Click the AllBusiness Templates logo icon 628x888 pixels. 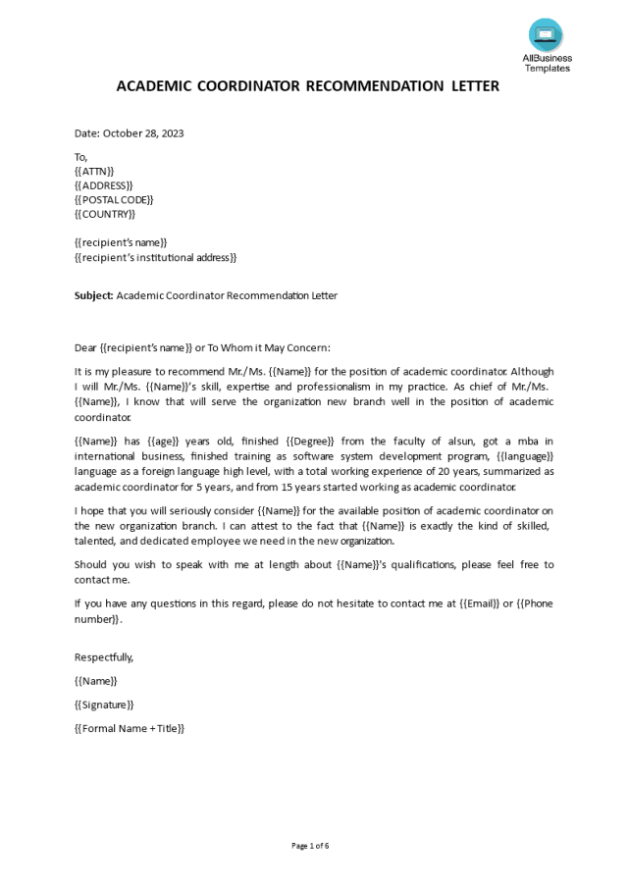[546, 35]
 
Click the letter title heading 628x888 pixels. [308, 86]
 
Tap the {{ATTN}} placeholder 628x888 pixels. [94, 172]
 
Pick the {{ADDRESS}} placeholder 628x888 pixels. [104, 185]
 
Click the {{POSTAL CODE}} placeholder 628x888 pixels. [114, 200]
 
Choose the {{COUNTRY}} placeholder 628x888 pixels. [105, 214]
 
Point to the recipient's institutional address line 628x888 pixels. [156, 257]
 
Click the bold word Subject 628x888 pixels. [93, 295]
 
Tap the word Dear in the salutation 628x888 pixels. [86, 347]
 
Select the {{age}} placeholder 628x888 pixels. [162, 442]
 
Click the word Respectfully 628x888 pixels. [104, 657]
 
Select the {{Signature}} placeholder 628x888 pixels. [104, 705]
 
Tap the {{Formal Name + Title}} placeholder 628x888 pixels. [130, 728]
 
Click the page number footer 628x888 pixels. [310, 846]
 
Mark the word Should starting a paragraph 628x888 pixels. [91, 564]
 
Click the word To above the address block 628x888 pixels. [80, 157]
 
